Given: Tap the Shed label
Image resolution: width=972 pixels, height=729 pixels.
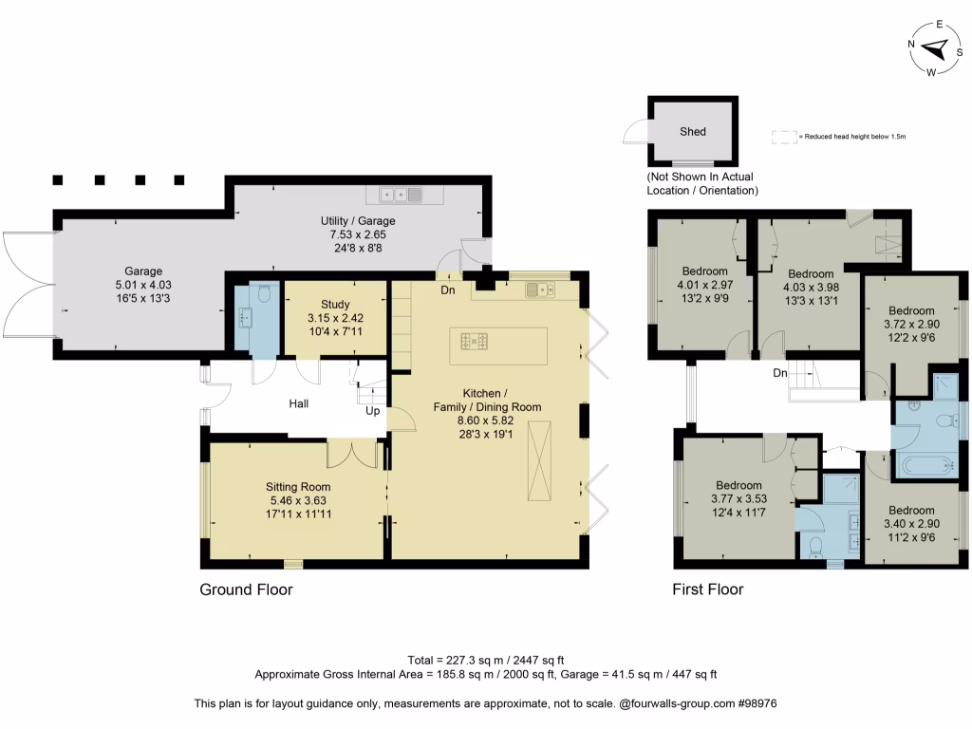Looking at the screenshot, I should click(693, 132).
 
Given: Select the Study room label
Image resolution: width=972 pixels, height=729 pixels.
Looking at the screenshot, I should click(335, 304).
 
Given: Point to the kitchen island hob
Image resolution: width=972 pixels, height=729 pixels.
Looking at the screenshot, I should click(476, 339).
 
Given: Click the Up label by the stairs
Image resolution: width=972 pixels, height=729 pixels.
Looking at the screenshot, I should click(373, 412).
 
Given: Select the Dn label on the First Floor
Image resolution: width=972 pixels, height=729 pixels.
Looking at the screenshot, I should click(779, 373).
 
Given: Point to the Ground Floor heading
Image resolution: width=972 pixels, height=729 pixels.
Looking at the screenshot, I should click(246, 589).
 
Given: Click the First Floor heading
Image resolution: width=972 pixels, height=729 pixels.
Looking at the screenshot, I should click(707, 589).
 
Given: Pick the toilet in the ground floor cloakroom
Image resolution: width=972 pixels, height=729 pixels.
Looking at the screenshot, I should click(263, 294).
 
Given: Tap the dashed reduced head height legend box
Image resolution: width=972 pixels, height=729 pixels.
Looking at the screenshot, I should click(782, 137).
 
